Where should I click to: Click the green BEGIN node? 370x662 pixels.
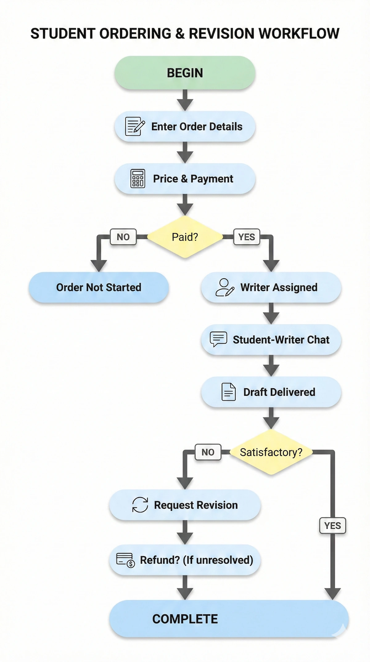tap(185, 73)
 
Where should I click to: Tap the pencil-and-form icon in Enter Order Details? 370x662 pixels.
tap(135, 126)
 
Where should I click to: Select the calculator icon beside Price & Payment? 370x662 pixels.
tap(138, 178)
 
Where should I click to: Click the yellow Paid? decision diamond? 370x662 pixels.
tap(185, 237)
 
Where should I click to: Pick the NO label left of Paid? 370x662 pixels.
tap(123, 237)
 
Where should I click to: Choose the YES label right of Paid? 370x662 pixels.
tap(247, 237)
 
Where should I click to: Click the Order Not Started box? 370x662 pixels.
tap(99, 287)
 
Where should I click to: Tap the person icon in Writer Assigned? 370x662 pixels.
tap(224, 287)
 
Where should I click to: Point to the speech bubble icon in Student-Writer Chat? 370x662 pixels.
tap(218, 339)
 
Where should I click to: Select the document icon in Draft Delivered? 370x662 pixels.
tap(228, 392)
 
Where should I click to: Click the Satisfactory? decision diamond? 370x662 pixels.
tap(271, 452)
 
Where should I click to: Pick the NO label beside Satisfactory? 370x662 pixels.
tap(208, 452)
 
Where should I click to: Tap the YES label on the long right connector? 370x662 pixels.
tap(332, 525)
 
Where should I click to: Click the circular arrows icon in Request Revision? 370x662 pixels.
tap(140, 505)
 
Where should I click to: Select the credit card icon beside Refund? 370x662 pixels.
tap(125, 560)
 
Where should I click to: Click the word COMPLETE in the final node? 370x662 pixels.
tap(185, 619)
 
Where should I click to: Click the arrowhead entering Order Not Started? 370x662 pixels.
tap(99, 265)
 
